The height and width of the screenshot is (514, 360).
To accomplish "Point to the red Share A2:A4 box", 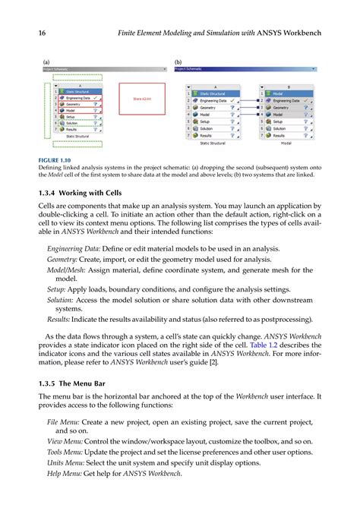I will tap(142, 99).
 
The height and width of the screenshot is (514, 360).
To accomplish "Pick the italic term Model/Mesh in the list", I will tap(67, 270).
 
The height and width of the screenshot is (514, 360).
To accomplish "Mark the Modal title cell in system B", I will tap(285, 93).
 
